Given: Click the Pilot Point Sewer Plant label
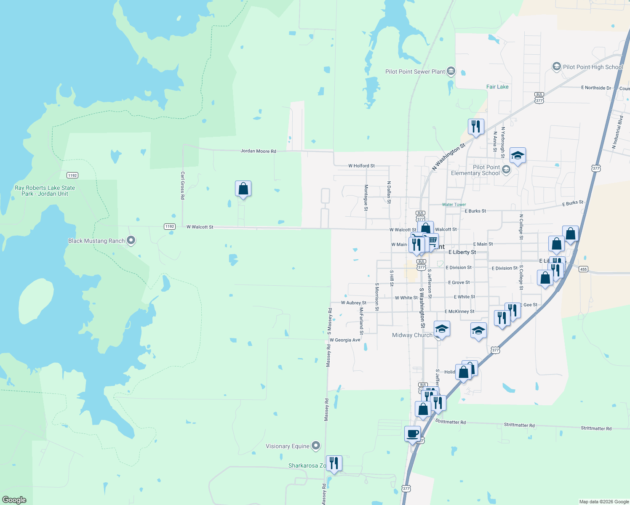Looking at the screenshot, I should [415, 72].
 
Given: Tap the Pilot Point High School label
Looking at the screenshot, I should [593, 67].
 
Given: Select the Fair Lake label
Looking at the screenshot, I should [497, 87].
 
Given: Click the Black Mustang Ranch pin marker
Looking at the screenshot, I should [131, 241].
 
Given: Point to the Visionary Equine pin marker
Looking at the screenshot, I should [316, 446].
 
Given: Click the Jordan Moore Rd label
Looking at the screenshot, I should [258, 151].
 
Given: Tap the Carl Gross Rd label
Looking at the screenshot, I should [183, 185].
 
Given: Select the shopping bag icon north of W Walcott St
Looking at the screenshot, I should [243, 189].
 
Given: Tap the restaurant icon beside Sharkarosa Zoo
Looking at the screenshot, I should [334, 463].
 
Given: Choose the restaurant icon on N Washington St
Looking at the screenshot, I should [475, 126].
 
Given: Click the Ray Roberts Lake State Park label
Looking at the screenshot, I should [45, 191].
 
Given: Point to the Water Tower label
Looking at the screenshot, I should [454, 205].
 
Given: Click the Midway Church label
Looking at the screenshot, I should [412, 335].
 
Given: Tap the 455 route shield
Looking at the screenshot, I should [583, 269].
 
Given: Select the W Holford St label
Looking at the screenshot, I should [361, 166].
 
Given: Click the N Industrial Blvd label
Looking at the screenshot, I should [617, 132].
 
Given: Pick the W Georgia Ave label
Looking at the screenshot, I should [345, 340].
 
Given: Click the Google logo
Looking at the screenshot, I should [14, 500].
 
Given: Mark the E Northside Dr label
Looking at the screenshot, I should [596, 88].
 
